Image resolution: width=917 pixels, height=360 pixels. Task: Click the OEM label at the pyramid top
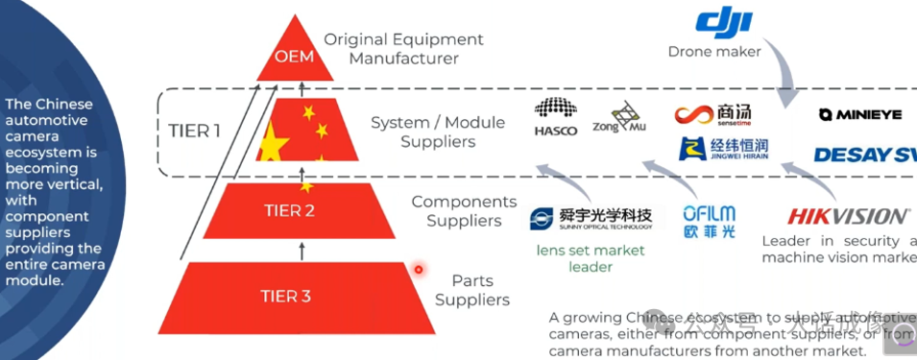coord(294,56)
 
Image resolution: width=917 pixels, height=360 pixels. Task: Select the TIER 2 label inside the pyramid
coord(289,211)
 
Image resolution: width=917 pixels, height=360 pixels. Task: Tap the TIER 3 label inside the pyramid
coord(285,296)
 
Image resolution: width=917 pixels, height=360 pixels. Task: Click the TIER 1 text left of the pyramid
coord(195,131)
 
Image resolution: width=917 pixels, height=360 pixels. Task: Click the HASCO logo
coord(556,116)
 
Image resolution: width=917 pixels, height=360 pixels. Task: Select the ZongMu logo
coord(619,118)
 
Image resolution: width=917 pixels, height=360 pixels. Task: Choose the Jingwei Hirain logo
coord(723,149)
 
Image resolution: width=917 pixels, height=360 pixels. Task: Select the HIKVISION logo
coord(847,216)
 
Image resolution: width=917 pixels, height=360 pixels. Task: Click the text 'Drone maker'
coord(714,51)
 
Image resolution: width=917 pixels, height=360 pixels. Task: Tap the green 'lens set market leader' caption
coord(591,258)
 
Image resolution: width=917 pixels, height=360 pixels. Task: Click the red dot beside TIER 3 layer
coord(419,269)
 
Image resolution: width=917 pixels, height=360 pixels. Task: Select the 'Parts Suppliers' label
coord(472,290)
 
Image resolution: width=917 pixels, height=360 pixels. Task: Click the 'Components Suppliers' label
coord(464,211)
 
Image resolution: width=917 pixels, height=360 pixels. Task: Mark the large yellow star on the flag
coord(273,146)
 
